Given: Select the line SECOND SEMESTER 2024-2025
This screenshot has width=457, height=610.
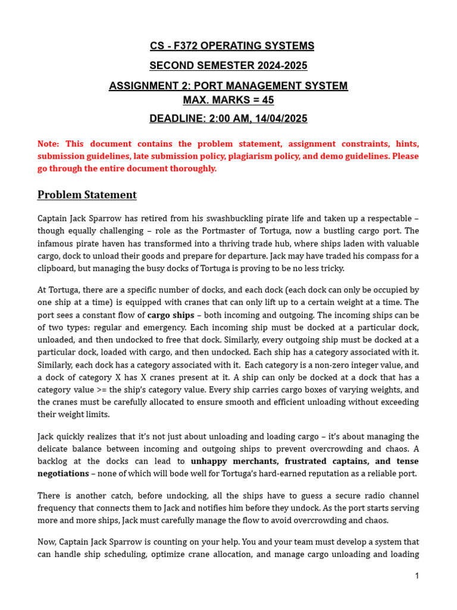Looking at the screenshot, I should point(228,66).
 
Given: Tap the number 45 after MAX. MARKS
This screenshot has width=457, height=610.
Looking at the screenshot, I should point(267,99).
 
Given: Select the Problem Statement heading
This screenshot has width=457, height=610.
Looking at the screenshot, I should point(87,195).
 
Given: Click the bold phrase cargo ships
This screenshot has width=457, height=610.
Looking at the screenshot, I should point(171,315).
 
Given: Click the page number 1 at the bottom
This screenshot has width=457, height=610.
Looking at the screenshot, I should point(417,576).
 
